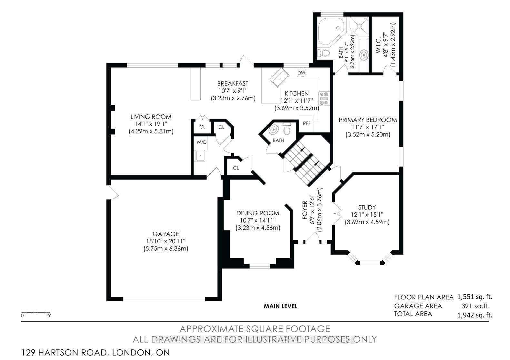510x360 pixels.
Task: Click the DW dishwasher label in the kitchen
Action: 301,73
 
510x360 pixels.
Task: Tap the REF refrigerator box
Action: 306,123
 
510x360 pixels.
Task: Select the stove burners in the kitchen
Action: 324,99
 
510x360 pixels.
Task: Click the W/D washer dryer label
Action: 202,142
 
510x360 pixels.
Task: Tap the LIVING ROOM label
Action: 151,117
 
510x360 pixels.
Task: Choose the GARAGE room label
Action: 166,234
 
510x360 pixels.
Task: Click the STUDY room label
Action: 367,208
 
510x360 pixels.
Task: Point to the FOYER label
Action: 305,210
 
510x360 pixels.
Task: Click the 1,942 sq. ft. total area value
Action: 475,315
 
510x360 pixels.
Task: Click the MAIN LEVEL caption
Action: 281,306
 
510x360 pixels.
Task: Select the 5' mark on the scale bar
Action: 49,316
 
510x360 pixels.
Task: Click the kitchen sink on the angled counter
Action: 279,78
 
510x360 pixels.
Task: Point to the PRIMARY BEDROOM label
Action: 368,120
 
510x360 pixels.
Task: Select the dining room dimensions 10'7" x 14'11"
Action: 258,220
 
